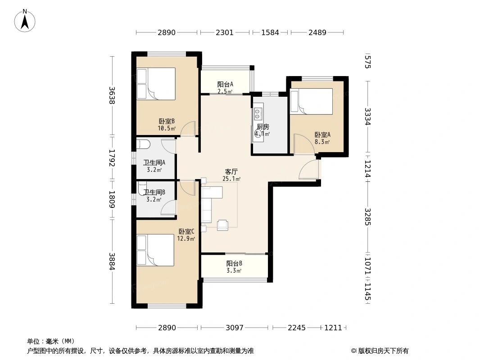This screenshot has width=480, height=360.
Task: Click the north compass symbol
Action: coord(25,20)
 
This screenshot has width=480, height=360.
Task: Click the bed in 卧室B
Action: coord(156,84)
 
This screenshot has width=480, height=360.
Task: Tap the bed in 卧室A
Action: coord(312,101)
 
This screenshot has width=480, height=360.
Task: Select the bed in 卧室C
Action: coord(155,250)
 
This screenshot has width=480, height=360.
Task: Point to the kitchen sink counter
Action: coord(258,124)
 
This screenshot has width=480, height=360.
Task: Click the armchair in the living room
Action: coord(223,225)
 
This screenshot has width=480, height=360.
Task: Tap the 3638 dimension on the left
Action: coord(112,95)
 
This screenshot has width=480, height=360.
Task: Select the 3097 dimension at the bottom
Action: coord(234,328)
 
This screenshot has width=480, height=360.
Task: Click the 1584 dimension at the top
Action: coord(270,32)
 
